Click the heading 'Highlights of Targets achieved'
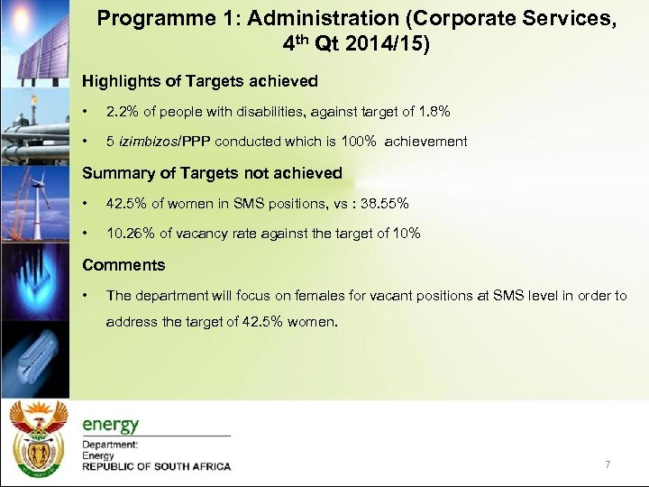tap(200, 81)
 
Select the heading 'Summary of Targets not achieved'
tap(213, 172)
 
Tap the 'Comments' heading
tap(123, 264)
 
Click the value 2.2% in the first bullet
tap(121, 111)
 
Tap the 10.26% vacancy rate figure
tap(130, 234)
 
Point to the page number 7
tap(608, 464)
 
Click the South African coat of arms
tap(37, 439)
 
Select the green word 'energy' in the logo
tap(111, 425)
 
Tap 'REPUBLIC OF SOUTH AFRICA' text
tap(156, 466)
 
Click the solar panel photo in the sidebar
tap(33, 41)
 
